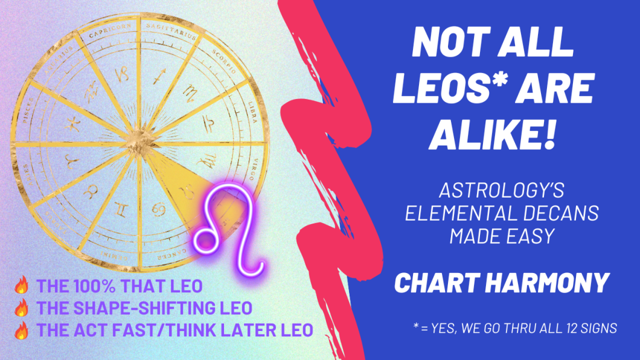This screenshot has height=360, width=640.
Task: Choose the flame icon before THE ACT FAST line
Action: click(22, 330)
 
